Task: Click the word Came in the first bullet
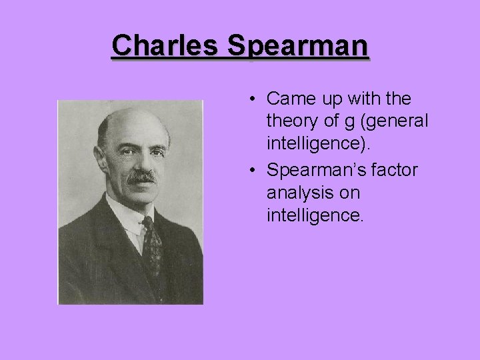pyautogui.click(x=287, y=99)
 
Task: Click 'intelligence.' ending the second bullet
pyautogui.click(x=315, y=215)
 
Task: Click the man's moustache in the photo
pyautogui.click(x=141, y=177)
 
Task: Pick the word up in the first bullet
pyautogui.click(x=328, y=101)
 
